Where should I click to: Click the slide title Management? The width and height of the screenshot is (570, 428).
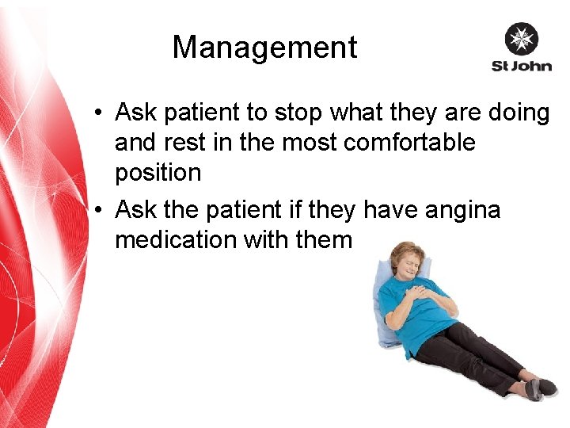[264, 48]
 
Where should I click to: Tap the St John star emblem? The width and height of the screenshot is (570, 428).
[521, 39]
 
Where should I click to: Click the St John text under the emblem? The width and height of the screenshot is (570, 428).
[521, 66]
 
